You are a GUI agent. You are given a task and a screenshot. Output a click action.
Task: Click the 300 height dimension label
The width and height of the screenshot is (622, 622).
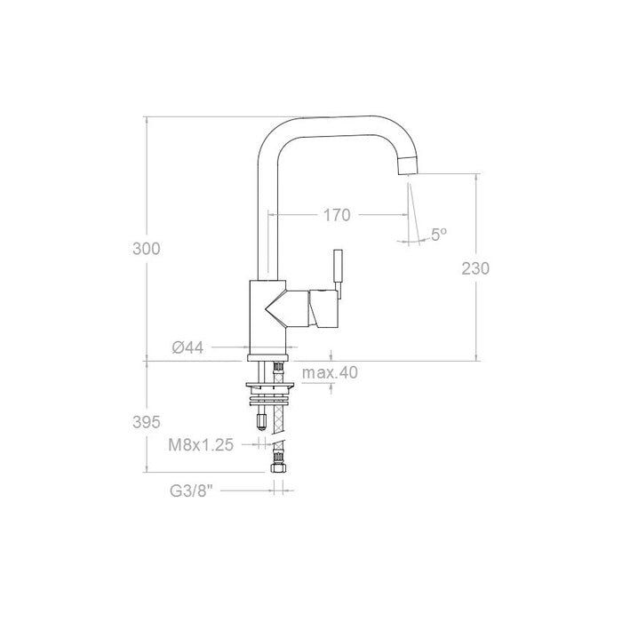click(x=146, y=249)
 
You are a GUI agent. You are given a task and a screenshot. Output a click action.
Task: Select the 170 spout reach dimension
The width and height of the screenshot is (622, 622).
click(x=336, y=214)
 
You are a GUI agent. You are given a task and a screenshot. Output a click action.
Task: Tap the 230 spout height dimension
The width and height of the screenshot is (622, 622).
click(x=476, y=267)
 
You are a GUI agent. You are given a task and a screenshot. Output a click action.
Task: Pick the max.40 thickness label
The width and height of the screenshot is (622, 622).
click(x=329, y=372)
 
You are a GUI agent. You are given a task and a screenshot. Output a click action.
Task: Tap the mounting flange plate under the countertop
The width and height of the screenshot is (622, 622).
click(x=270, y=386)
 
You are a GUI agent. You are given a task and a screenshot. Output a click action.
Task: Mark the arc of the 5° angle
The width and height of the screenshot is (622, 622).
click(x=411, y=240)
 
